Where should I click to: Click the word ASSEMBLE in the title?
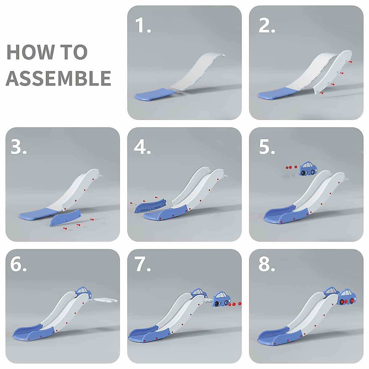pyautogui.click(x=58, y=78)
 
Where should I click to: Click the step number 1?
pyautogui.click(x=143, y=25)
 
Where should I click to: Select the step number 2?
pyautogui.click(x=267, y=25)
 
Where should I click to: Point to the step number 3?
pyautogui.click(x=18, y=147)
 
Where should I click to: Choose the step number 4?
pyautogui.click(x=142, y=147)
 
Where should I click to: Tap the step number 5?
pyautogui.click(x=267, y=147)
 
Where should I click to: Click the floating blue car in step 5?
pyautogui.click(x=308, y=169)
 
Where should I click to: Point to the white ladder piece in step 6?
pyautogui.click(x=105, y=300)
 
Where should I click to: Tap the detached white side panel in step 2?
pyautogui.click(x=333, y=72)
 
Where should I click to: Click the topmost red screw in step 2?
pyautogui.click(x=351, y=62)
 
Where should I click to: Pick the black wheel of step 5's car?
pyautogui.click(x=303, y=173)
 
